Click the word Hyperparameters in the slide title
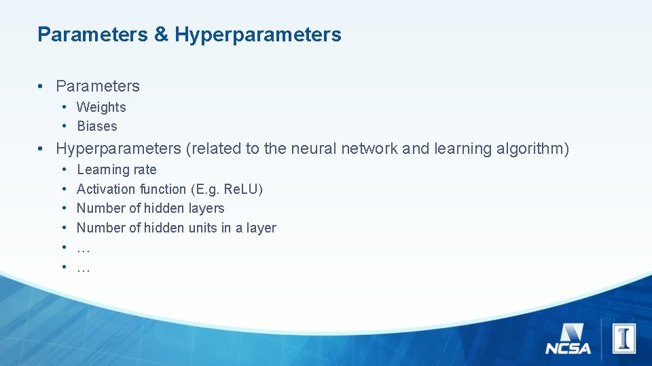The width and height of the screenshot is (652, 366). point(258,35)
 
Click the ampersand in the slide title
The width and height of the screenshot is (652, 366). point(161,35)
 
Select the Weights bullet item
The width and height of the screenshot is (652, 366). point(101,107)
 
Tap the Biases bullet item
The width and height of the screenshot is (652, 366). point(97,126)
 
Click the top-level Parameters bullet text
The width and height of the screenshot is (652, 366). point(98,86)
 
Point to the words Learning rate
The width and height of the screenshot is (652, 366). point(116,169)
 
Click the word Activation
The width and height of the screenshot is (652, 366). point(107,189)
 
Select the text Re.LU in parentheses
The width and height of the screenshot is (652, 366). point(240,189)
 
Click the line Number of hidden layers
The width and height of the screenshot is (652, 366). point(150,208)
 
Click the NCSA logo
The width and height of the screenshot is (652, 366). point(568,340)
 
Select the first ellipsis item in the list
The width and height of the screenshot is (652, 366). point(84,248)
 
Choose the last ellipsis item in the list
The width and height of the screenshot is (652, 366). point(84,268)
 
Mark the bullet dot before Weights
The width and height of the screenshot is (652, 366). point(62,107)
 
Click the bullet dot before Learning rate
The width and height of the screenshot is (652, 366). point(62,169)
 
